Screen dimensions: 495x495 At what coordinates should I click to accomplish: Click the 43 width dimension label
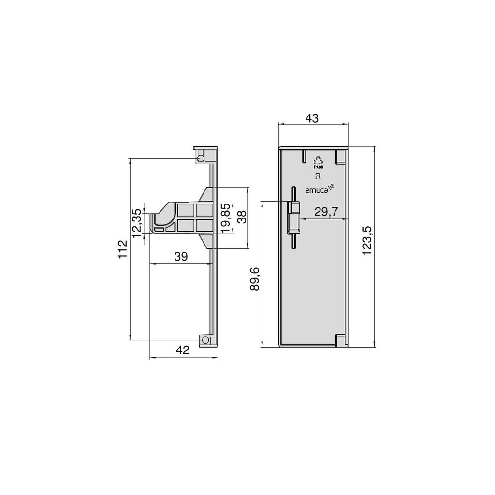coord(312,118)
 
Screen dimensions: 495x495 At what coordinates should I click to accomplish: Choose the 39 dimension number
coord(181,257)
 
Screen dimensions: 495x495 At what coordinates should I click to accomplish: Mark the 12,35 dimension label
coord(137,222)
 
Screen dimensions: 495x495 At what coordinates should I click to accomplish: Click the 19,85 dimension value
coord(224,218)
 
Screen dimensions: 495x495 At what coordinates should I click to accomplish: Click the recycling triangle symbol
coord(318,160)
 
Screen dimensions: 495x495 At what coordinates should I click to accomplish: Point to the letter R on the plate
coord(318,176)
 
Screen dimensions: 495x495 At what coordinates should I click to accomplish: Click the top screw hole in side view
coord(201,158)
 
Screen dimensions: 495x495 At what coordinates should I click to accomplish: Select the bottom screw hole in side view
coord(205,340)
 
